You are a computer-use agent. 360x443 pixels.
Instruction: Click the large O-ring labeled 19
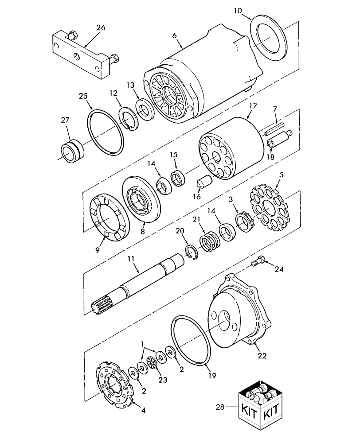[x=191, y=339]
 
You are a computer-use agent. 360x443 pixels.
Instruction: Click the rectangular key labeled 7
[x=274, y=129]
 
